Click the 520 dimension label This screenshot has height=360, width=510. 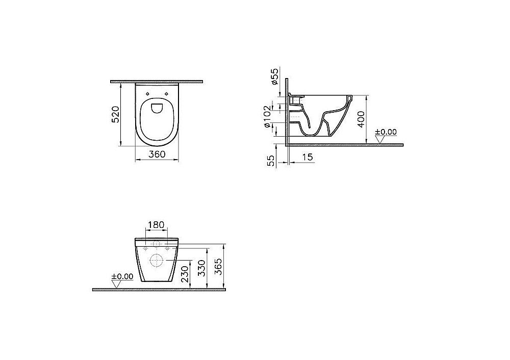tap(116, 115)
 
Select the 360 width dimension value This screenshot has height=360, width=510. tap(157, 155)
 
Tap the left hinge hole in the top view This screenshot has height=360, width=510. tap(147, 94)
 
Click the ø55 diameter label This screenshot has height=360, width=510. tap(274, 76)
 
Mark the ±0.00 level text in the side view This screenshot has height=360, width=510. tap(386, 132)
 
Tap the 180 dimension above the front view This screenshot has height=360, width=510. tap(157, 225)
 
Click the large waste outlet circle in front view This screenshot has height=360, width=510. tap(157, 261)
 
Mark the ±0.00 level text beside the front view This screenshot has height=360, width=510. tap(121, 276)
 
